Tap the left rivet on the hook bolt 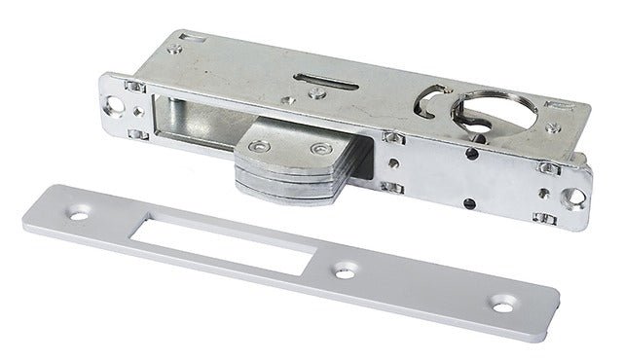click(258, 146)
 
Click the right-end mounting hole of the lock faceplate click(578, 200)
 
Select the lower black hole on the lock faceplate click(469, 202)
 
